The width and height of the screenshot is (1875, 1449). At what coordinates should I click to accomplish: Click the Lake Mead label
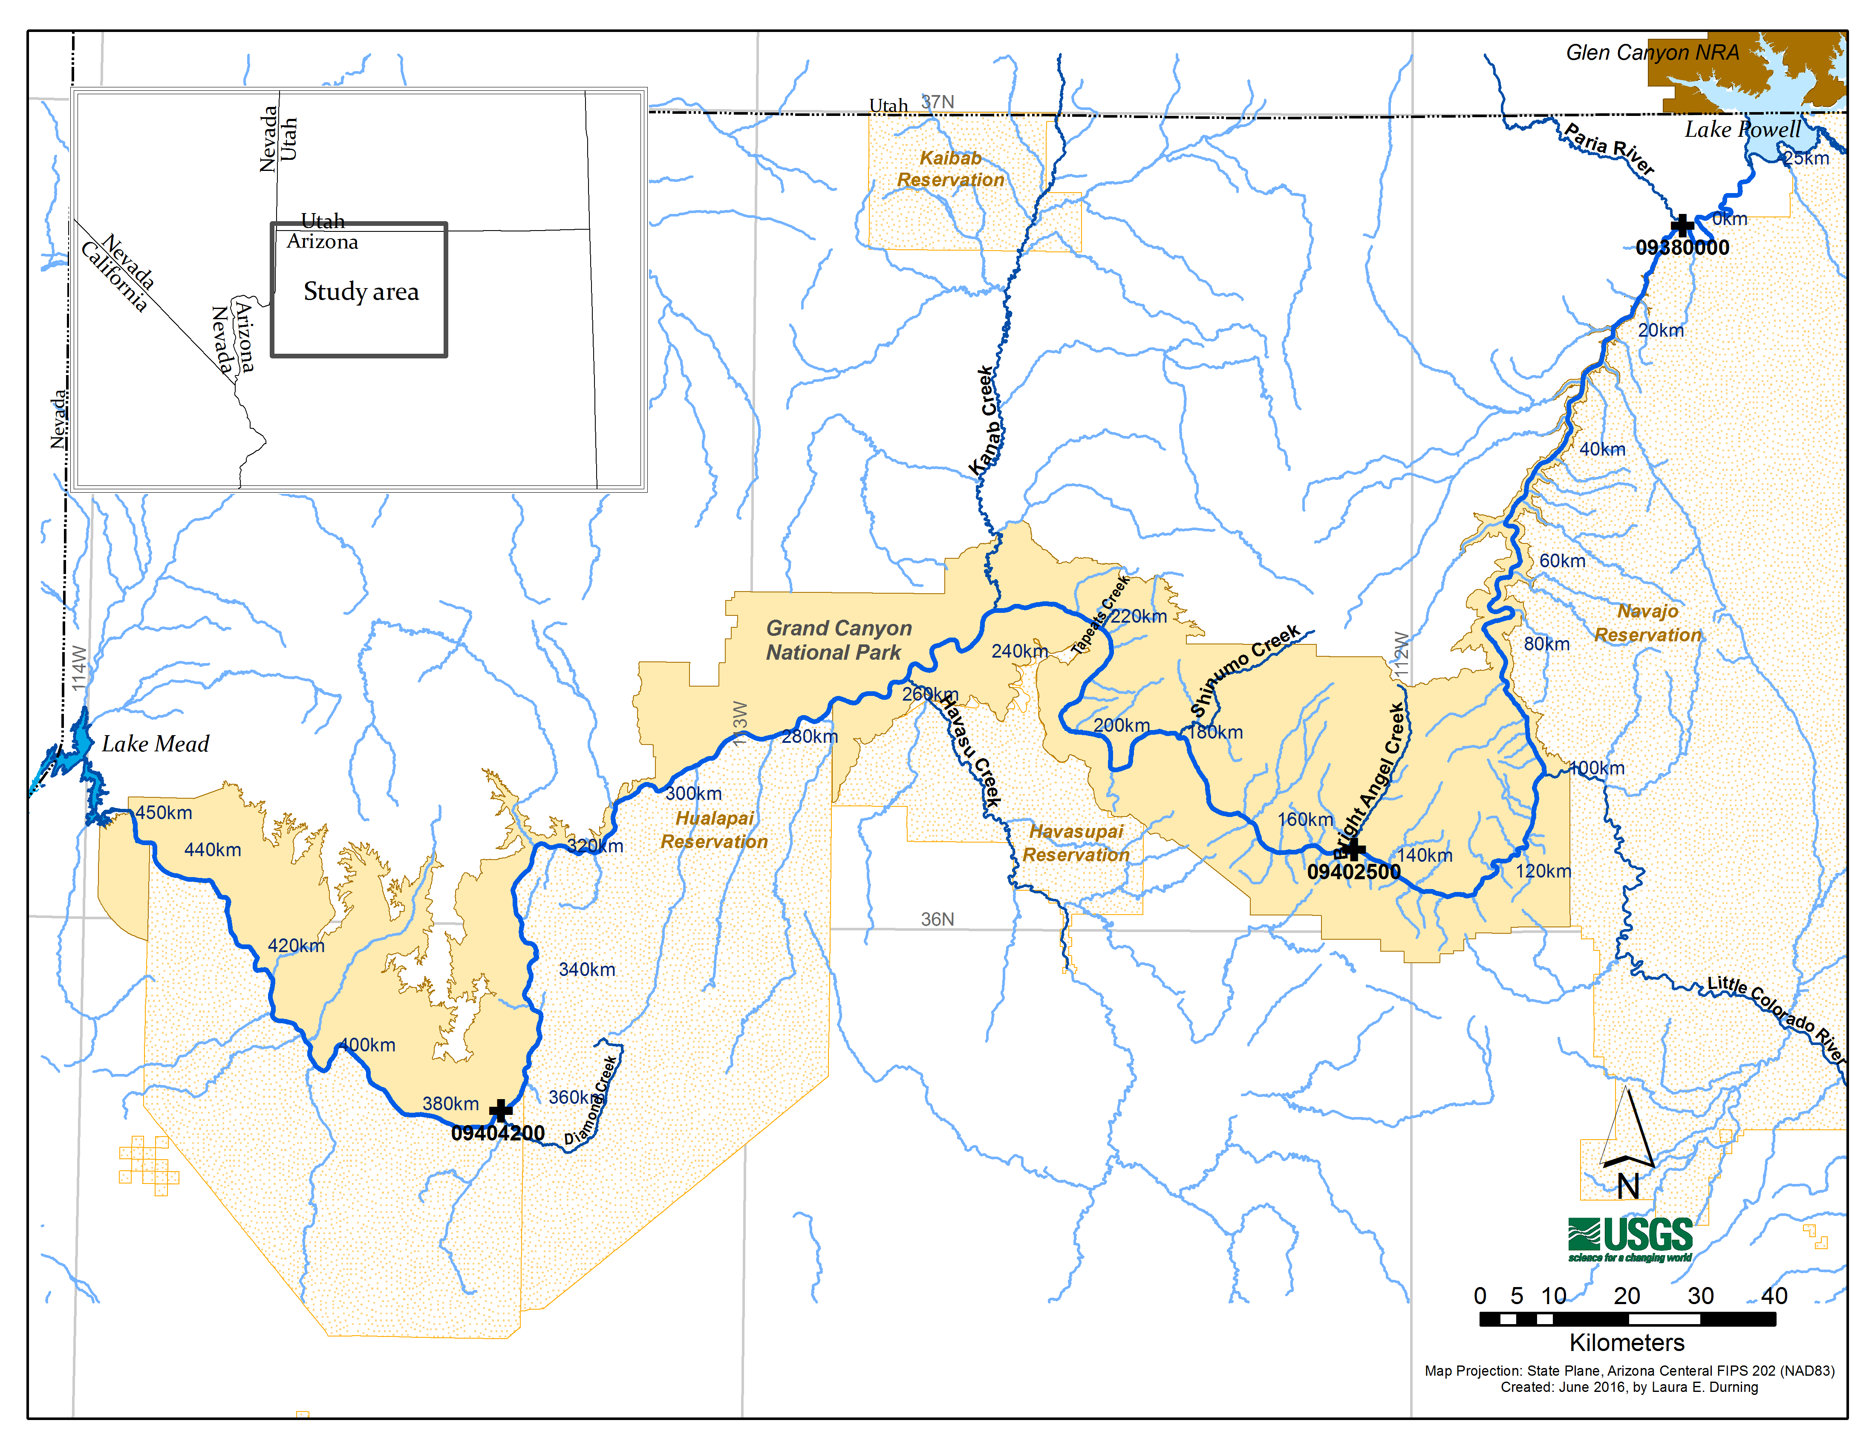tap(156, 743)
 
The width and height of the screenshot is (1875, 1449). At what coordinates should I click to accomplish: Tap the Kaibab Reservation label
tap(950, 169)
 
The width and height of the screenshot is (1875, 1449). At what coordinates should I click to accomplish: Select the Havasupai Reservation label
tap(1076, 843)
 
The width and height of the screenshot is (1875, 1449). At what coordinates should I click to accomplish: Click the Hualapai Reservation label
tap(714, 830)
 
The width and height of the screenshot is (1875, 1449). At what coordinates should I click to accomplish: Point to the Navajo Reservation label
tap(1647, 623)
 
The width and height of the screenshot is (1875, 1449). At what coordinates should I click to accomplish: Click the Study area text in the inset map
tap(361, 292)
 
